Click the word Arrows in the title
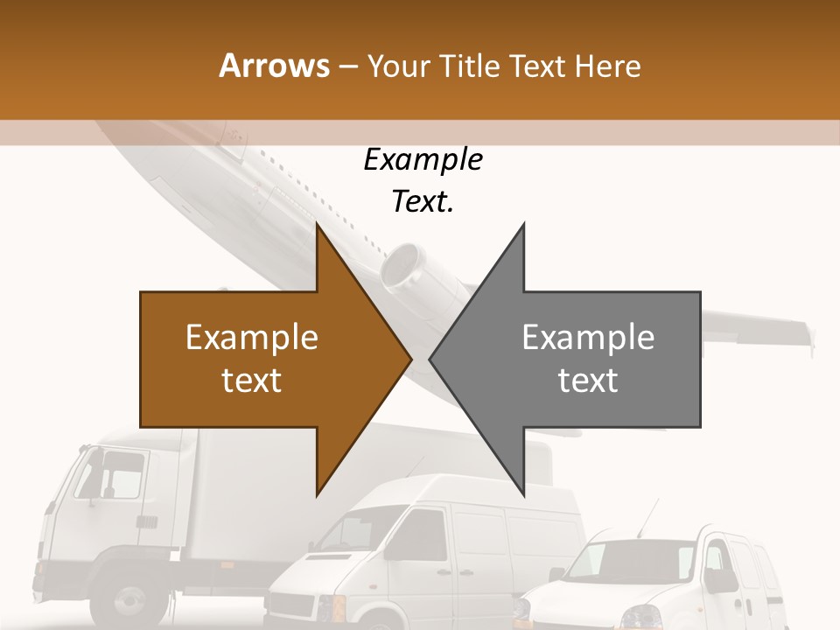point(274,66)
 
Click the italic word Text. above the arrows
point(423,201)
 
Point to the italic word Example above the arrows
point(423,160)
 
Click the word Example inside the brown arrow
point(251,338)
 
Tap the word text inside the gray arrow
point(588,380)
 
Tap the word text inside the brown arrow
point(251,380)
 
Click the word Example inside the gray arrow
point(588,338)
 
